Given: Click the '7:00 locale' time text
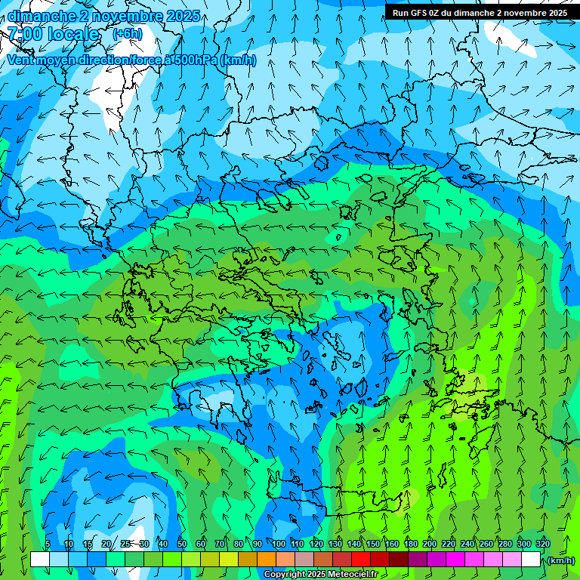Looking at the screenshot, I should pos(53,34).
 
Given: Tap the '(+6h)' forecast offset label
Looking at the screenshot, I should pos(127,34).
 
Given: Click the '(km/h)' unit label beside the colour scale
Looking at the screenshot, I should pos(561,560).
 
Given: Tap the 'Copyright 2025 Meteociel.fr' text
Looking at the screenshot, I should pos(320,575).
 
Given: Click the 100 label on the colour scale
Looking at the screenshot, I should pos(279,545).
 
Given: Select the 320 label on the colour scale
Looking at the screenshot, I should pos(543,545).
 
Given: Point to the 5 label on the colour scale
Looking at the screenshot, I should pos(48,545).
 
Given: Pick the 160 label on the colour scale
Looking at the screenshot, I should pos(392,545).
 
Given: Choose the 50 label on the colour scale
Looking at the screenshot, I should pos(182,545).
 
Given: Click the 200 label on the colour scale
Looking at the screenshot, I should pos(430,545).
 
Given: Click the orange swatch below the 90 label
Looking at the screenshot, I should pos(267,560).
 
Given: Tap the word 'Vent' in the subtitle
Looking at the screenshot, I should pos(20,60).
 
